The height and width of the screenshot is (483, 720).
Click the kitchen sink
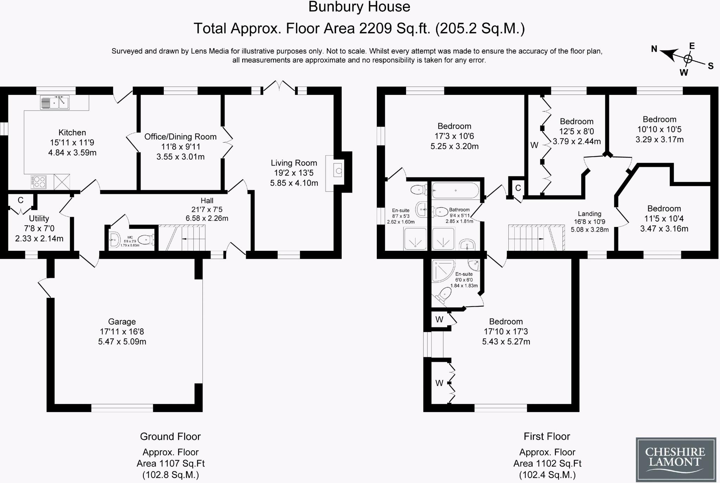[x=54, y=103]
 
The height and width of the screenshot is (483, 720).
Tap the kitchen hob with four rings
[x=38, y=182]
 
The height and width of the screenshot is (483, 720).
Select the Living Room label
[x=294, y=163]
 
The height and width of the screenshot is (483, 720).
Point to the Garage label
[x=122, y=322]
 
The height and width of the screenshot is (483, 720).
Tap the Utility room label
[x=39, y=218]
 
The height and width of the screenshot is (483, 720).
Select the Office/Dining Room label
[x=180, y=137]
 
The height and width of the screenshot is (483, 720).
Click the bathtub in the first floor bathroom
[x=455, y=191]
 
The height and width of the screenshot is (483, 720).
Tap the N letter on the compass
[x=654, y=49]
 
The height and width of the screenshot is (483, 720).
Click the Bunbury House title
[x=359, y=7]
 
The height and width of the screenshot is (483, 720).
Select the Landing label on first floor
[x=590, y=214]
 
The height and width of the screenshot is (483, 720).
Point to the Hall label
[x=207, y=201]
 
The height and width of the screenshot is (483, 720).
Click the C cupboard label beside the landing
[x=518, y=188]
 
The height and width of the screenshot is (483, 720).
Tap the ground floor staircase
[x=182, y=238]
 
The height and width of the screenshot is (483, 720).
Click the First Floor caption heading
[x=547, y=437]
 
